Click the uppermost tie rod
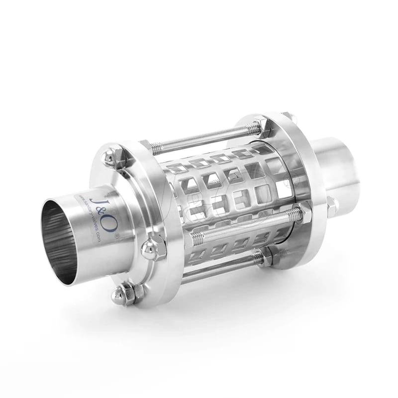pyautogui.click(x=204, y=139)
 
